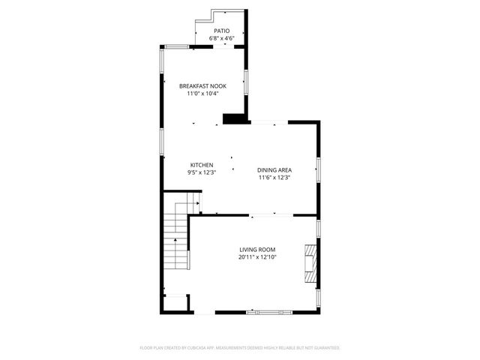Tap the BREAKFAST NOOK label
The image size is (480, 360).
point(202,86)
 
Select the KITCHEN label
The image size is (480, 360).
point(201,165)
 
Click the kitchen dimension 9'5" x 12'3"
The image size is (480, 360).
point(201,172)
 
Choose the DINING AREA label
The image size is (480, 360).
point(274,170)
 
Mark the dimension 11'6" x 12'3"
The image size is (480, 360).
point(274,178)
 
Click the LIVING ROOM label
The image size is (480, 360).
point(258,250)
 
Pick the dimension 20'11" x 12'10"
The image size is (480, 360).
point(258,257)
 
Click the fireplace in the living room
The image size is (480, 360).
point(310,262)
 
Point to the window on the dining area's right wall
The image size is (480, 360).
point(318,170)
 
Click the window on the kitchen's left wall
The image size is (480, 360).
point(161,141)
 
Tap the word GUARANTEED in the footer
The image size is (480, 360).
point(324,348)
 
